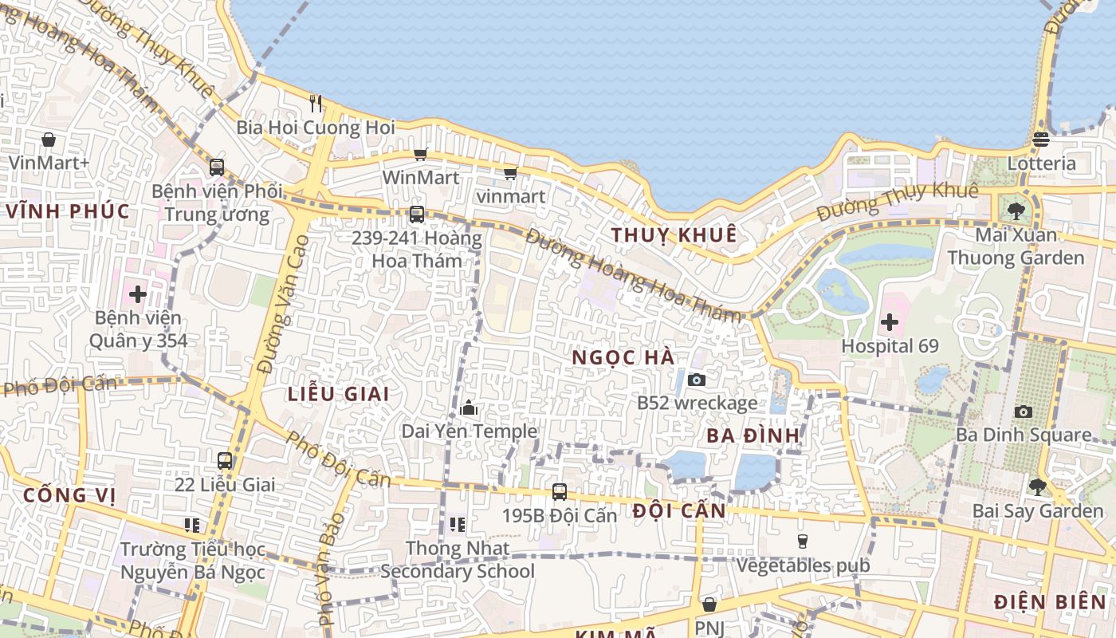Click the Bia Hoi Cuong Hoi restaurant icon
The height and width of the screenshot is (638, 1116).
(x=316, y=103)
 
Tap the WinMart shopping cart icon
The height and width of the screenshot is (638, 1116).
(x=420, y=154)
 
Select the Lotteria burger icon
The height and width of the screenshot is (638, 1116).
(x=1040, y=140)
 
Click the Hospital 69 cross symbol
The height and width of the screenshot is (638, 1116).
(x=890, y=323)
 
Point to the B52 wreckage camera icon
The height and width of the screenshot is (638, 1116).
(x=696, y=380)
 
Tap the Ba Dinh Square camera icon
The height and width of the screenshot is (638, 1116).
(x=1024, y=412)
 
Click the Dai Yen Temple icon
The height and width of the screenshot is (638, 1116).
(x=469, y=408)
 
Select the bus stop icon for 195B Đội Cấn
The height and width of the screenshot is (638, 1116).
(x=560, y=492)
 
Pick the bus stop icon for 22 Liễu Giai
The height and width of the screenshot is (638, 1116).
(x=225, y=461)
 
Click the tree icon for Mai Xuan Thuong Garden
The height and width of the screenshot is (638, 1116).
(x=1016, y=211)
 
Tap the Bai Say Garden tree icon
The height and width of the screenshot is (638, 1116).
(x=1037, y=486)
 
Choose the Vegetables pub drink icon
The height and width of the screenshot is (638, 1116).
(x=803, y=542)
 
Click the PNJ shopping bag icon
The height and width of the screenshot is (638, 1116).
(x=709, y=605)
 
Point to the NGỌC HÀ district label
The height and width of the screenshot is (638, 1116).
(x=623, y=358)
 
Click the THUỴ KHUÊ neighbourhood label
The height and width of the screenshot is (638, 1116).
(x=674, y=235)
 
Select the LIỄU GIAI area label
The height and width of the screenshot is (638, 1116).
(x=338, y=394)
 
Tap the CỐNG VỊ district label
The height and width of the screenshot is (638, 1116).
(x=69, y=495)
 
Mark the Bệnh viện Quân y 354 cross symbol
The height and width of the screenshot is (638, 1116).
(x=138, y=294)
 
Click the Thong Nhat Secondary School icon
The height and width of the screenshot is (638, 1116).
(x=457, y=524)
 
